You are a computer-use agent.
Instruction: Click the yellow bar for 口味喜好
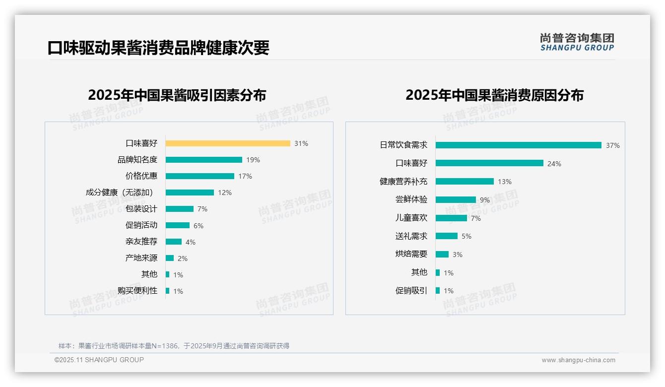point(228,143)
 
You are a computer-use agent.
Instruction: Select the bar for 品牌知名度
point(204,160)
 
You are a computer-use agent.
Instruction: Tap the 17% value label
point(245,176)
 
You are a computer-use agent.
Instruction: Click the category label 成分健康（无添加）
point(121,193)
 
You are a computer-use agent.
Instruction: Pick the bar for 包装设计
point(180,209)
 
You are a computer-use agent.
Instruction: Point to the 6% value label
point(199,226)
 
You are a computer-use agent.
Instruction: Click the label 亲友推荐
point(141,242)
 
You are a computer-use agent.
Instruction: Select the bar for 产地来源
point(170,258)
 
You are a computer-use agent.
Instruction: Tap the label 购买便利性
point(137,291)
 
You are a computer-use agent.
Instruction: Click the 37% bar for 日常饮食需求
point(519,145)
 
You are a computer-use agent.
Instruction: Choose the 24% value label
point(554,164)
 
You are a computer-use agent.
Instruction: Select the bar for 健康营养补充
point(465,182)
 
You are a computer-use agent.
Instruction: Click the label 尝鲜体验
point(411,199)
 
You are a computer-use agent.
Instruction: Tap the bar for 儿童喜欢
point(451,218)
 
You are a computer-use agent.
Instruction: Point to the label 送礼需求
point(411,236)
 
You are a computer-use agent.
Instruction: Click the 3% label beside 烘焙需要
point(458,255)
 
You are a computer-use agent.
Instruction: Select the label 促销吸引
point(411,291)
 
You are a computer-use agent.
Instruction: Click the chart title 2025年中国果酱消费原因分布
point(494,95)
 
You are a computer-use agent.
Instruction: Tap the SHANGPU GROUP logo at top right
point(577,42)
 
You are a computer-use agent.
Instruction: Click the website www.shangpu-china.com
point(578,360)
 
